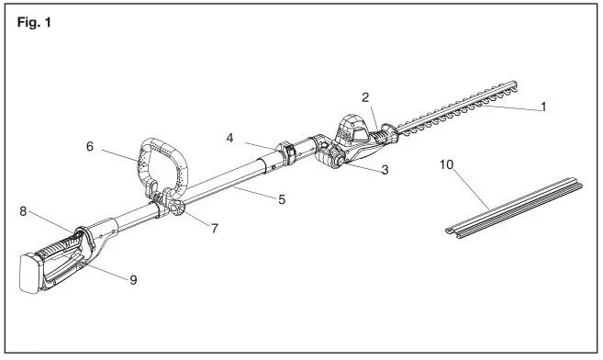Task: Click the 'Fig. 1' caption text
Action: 34,22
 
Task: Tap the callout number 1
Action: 543,107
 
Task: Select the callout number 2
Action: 364,96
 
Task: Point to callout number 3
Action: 385,171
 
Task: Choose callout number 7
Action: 214,227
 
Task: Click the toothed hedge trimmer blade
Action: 459,109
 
